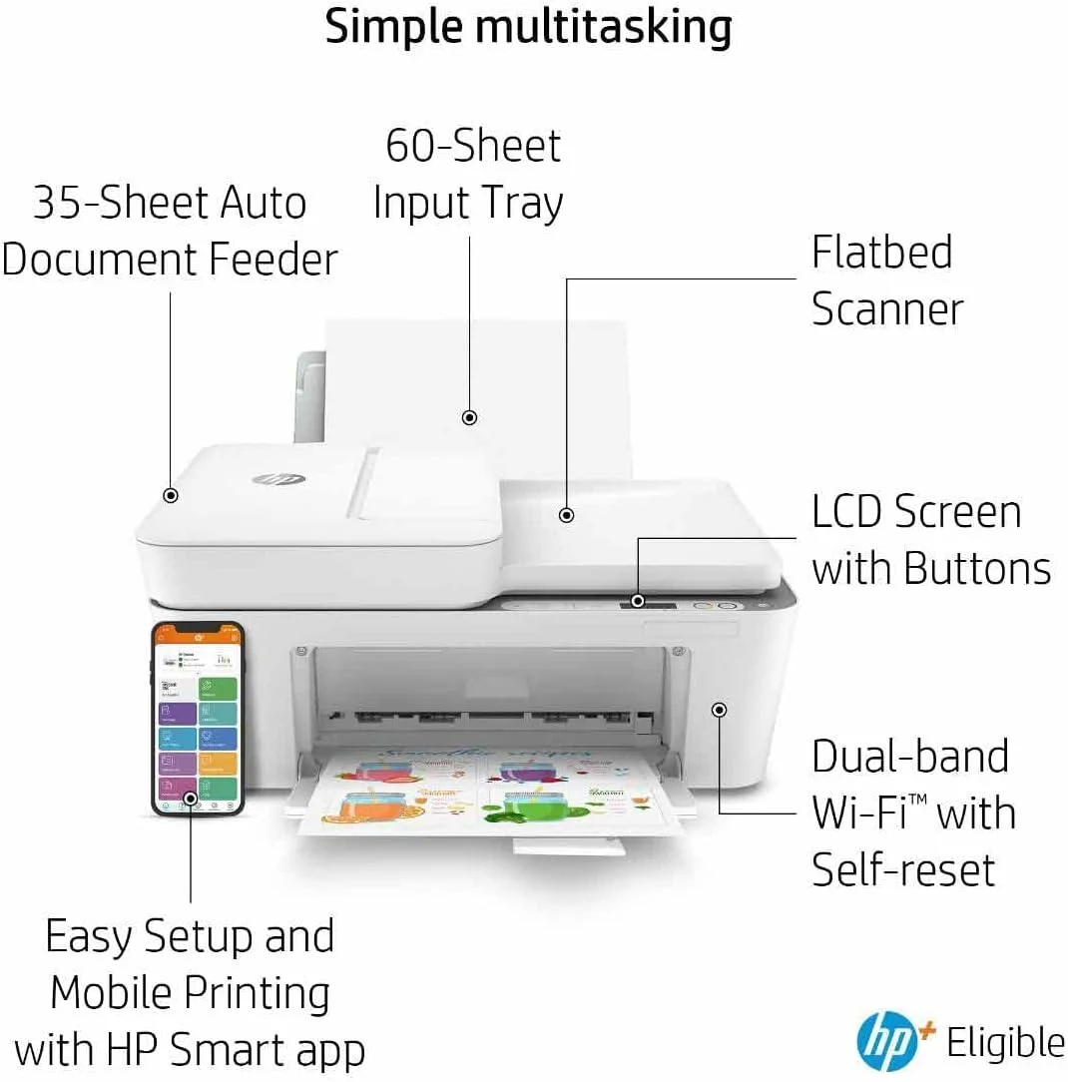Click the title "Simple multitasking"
pyautogui.click(x=528, y=27)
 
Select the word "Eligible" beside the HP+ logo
pyautogui.click(x=1005, y=1043)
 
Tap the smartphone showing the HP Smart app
pyautogui.click(x=197, y=718)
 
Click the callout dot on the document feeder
pyautogui.click(x=171, y=494)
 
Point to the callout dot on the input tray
pyautogui.click(x=469, y=417)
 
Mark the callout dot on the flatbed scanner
pyautogui.click(x=566, y=515)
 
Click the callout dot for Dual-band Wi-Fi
pyautogui.click(x=719, y=709)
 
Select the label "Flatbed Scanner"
pyautogui.click(x=886, y=280)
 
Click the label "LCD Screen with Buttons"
pyautogui.click(x=930, y=540)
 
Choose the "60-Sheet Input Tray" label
pyautogui.click(x=469, y=174)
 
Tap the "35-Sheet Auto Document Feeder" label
pyautogui.click(x=170, y=231)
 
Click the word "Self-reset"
pyautogui.click(x=903, y=868)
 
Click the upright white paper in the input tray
pyautogui.click(x=479, y=369)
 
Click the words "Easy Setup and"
pyautogui.click(x=190, y=936)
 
